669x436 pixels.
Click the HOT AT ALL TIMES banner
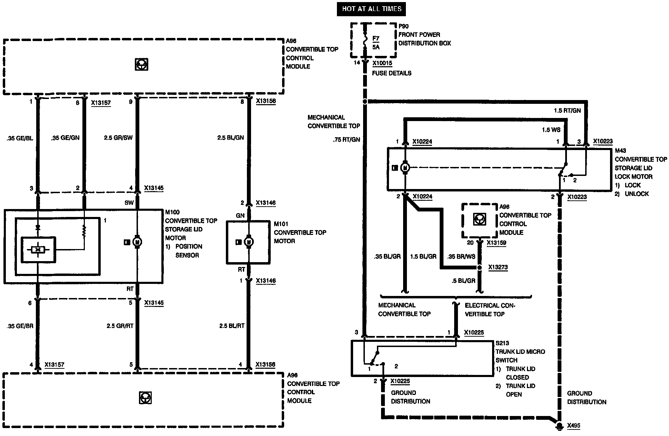pos(371,9)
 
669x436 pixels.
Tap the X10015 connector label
pos(382,63)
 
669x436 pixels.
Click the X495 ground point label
pos(574,426)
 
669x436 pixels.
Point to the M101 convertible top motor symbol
pos(248,242)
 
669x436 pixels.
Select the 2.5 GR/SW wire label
pos(118,138)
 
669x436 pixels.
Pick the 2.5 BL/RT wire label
pos(232,326)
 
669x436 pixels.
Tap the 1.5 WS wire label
pos(551,130)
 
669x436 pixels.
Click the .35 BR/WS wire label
pos(461,257)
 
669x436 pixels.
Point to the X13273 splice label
pos(498,267)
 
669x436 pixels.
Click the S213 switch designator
pos(502,343)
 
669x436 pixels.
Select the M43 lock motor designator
pos(620,151)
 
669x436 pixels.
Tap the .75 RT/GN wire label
pos(347,140)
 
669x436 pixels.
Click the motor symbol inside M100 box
pos(137,242)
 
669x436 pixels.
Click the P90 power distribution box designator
pos(403,26)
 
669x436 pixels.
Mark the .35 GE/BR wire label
pos(20,326)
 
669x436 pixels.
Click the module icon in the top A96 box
pos(141,64)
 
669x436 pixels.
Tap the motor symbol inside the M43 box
pos(406,168)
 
